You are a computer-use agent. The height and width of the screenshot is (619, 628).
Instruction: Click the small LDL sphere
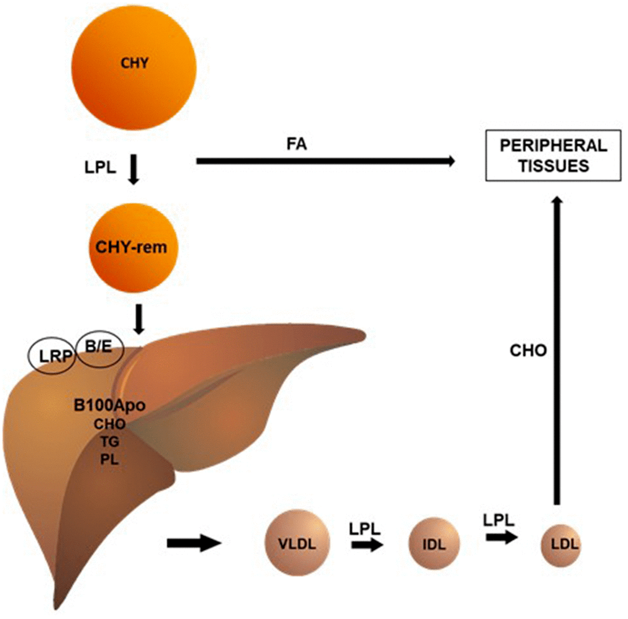coord(561,544)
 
